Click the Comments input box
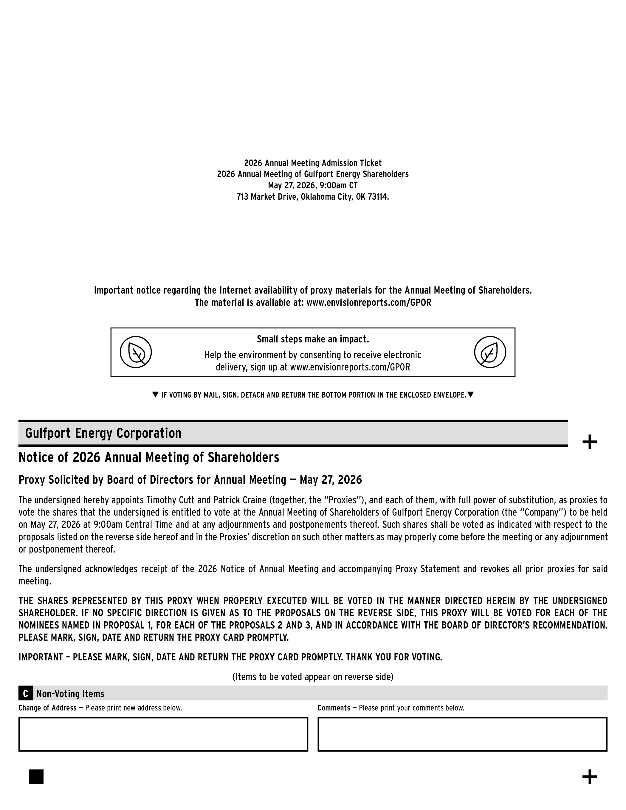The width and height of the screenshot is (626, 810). [462, 734]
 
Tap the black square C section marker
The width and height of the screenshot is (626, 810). [25, 694]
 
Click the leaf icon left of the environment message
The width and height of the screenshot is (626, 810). [135, 352]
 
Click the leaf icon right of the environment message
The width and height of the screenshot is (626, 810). [490, 352]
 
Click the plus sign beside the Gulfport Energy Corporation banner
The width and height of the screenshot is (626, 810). [590, 442]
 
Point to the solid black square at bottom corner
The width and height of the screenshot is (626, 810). [36, 777]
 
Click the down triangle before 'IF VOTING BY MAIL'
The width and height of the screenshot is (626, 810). [156, 395]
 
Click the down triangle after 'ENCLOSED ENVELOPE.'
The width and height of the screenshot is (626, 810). [470, 395]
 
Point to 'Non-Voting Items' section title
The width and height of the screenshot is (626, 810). [70, 694]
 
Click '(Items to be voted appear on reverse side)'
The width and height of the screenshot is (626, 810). [313, 677]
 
